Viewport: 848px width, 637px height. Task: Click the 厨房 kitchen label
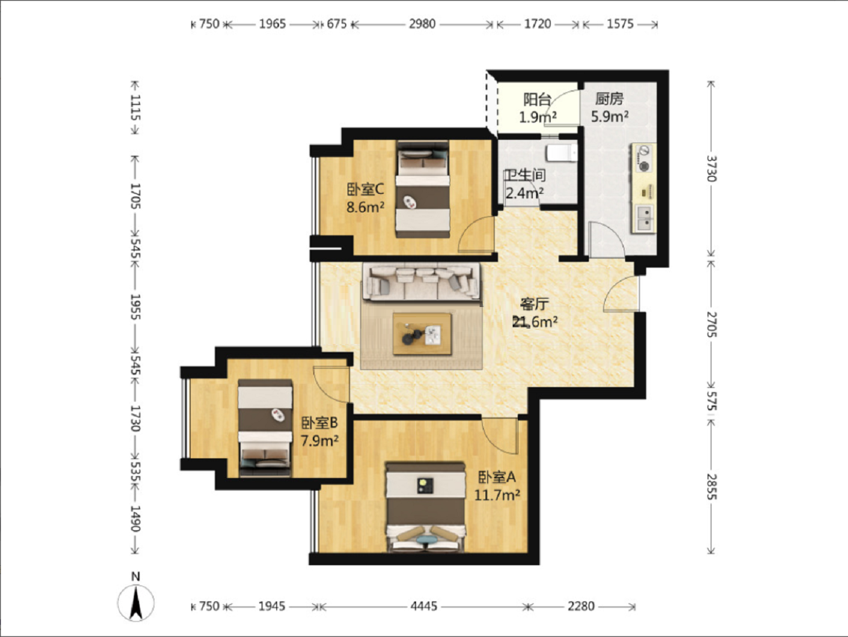coord(609,99)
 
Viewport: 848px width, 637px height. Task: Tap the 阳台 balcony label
coord(537,100)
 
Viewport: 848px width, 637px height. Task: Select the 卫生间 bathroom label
coord(525,175)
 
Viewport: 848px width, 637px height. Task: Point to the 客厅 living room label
coord(534,305)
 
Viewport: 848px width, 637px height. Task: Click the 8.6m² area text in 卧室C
coord(365,207)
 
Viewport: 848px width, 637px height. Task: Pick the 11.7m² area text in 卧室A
coord(497,495)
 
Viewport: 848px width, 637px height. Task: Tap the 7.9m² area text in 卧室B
coord(320,441)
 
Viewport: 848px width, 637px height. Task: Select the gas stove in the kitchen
coord(643,158)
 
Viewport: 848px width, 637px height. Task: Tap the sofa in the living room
coord(422,282)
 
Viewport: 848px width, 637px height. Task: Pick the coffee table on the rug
coord(422,334)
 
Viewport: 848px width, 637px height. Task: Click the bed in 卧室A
coord(426,507)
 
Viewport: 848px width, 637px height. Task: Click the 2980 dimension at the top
coord(422,24)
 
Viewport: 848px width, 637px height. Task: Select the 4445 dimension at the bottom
coord(424,606)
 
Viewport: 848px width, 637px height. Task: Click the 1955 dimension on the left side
coord(135,307)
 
